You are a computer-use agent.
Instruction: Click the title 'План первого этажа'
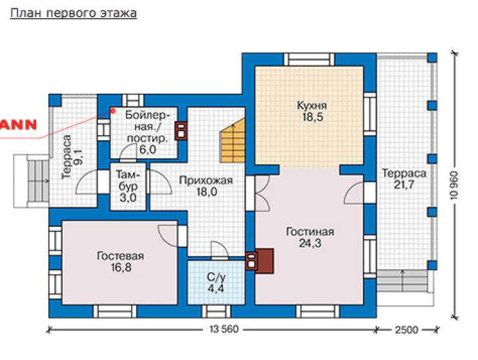[74, 14]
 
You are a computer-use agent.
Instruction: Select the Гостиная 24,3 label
[310, 238]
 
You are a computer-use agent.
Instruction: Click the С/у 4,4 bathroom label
[216, 283]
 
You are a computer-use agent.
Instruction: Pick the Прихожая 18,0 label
[206, 186]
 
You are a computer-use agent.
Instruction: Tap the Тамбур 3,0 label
[128, 186]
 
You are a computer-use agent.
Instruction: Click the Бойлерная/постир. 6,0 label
[147, 132]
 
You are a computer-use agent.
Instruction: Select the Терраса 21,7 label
[404, 179]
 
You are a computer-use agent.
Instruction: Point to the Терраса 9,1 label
[71, 157]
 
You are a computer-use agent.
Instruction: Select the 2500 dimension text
[407, 330]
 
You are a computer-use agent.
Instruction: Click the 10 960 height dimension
[454, 185]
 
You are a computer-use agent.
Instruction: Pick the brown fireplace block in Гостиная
[264, 261]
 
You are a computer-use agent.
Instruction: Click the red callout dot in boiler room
[112, 111]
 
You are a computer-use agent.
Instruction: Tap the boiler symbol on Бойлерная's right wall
[181, 131]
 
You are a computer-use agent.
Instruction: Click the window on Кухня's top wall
[309, 59]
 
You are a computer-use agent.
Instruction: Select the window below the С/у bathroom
[216, 312]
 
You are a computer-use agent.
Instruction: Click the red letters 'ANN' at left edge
[18, 125]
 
